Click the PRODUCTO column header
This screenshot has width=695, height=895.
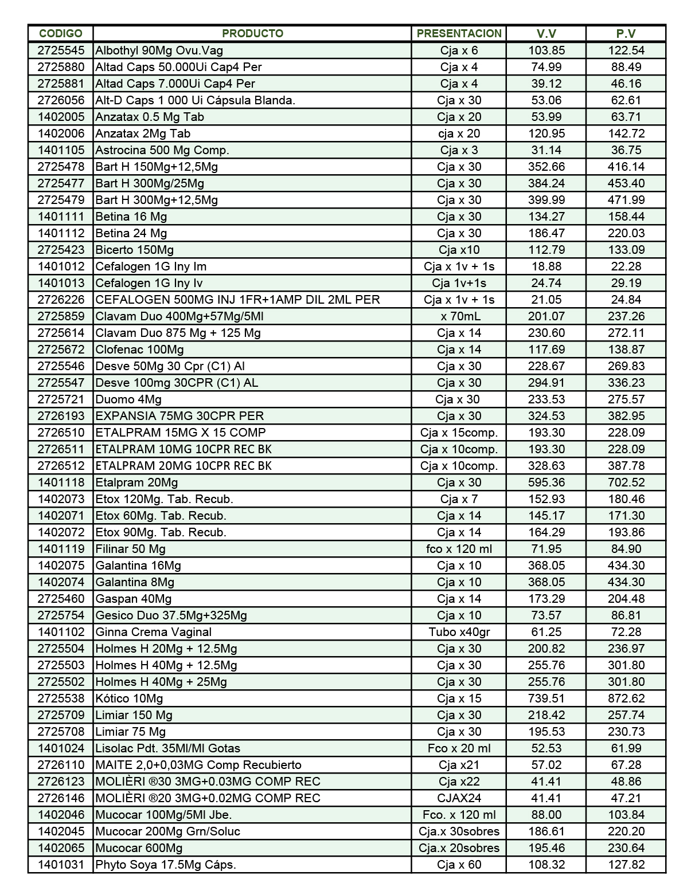(x=252, y=33)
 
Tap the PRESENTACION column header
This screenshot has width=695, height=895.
(x=459, y=33)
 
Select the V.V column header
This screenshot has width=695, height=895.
(x=546, y=33)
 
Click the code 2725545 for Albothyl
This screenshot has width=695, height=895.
(x=61, y=50)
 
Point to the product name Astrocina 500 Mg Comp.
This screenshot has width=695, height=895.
(x=162, y=150)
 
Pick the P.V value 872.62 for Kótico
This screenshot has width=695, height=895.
(x=626, y=698)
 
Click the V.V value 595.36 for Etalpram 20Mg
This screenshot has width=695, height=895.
(x=546, y=482)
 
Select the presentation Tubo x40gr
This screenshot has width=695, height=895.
(x=459, y=632)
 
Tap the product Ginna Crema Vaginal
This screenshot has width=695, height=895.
(x=153, y=632)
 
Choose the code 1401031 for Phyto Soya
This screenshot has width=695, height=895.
(x=61, y=865)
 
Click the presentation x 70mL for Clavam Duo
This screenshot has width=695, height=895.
(x=459, y=316)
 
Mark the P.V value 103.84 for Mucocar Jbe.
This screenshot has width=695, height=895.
(x=626, y=815)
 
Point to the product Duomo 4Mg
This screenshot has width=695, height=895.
(x=128, y=399)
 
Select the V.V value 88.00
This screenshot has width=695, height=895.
(x=546, y=815)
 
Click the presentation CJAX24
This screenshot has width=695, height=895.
(x=459, y=798)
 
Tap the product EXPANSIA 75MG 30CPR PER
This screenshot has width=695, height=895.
(x=179, y=416)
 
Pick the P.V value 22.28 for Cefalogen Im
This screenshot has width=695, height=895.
(x=626, y=266)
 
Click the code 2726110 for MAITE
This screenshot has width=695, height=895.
(x=61, y=765)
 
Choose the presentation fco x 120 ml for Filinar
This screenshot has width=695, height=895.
(x=459, y=549)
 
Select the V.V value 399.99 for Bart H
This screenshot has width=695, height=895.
(x=546, y=200)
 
